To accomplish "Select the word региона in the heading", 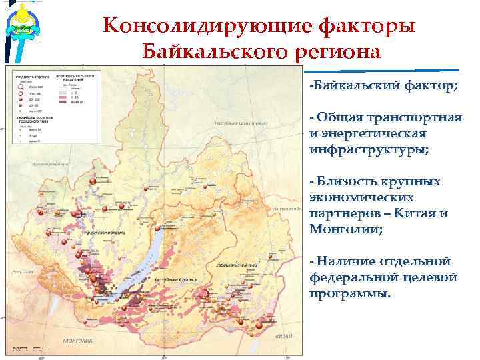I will coord(337,52).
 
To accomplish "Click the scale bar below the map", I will coord(23,348).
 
